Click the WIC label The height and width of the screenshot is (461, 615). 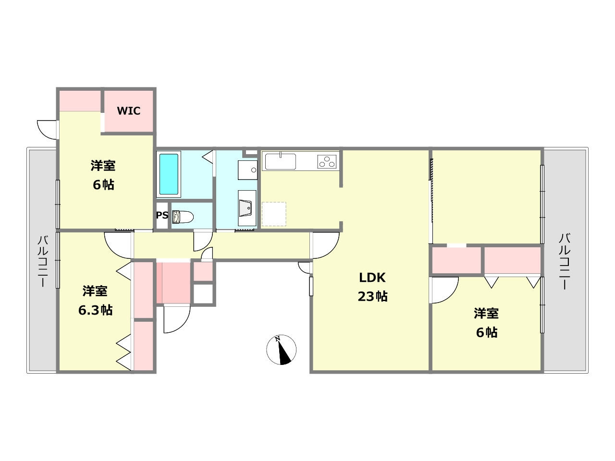point(129,111)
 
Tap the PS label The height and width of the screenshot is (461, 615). point(162,215)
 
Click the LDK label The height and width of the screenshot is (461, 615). point(372,278)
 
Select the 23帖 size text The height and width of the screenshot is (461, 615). point(372,296)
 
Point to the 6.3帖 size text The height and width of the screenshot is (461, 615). point(95,310)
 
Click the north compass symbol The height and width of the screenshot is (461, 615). point(281,350)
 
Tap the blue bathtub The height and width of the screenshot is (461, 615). point(169,174)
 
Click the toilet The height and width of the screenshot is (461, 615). point(183,217)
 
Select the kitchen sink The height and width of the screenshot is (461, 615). point(281,161)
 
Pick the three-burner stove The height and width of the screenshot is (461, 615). point(327,162)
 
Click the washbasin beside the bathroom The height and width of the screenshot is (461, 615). point(247,170)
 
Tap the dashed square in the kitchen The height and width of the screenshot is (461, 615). point(274,214)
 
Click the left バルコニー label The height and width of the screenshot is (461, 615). point(43,261)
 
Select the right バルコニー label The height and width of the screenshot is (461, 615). point(565,261)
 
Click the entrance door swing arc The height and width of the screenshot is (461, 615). point(177,319)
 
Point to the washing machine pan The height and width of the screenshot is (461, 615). point(247,208)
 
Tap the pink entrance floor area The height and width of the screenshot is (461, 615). point(173,282)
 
